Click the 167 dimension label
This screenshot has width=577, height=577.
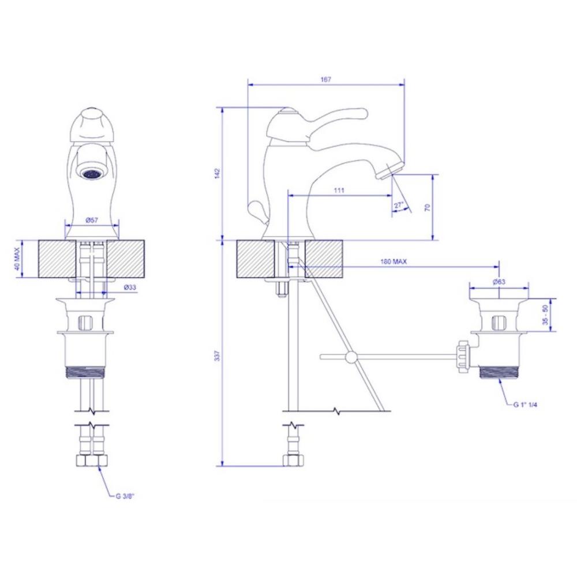326,80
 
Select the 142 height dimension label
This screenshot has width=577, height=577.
217,174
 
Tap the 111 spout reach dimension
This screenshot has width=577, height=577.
339,190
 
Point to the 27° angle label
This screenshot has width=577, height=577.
399,205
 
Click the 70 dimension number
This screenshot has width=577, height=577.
427,208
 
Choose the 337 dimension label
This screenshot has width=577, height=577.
217,356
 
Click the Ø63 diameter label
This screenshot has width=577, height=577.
499,282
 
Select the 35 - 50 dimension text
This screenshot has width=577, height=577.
545,314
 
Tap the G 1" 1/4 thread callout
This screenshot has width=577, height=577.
525,405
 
